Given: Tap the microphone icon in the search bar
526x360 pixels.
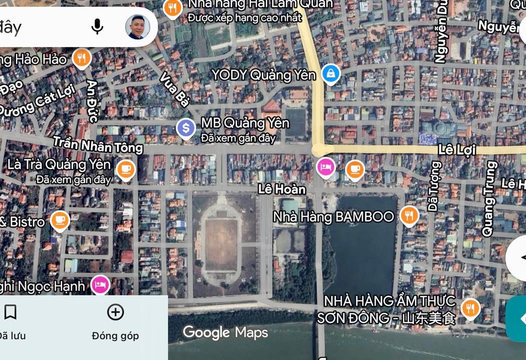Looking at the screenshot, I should [x=97, y=26].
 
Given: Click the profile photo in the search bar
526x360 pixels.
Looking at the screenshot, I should [x=137, y=26].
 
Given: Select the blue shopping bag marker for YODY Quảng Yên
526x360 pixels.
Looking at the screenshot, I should [x=331, y=74].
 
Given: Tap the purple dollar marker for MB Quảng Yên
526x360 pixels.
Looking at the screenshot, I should [x=186, y=128].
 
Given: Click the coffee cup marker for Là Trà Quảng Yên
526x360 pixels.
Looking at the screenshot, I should [x=126, y=169].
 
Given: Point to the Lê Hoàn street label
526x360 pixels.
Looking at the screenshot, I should [x=282, y=189].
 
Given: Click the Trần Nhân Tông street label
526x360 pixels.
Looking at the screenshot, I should [x=98, y=145].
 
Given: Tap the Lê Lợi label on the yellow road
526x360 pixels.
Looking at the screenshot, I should [x=456, y=149].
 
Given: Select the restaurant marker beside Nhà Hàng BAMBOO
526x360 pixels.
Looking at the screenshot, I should [x=409, y=215].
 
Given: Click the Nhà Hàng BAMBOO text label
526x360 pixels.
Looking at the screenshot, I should [x=333, y=216].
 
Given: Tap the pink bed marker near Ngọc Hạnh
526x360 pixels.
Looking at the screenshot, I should [x=100, y=284].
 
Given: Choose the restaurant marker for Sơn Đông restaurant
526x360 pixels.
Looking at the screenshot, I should [x=470, y=308].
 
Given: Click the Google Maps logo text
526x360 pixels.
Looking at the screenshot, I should [x=225, y=332].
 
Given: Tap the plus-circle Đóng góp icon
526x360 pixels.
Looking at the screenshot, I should [x=116, y=312].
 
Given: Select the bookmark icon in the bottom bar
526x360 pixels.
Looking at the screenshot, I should [x=10, y=312].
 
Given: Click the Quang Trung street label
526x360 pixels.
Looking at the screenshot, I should [x=488, y=198].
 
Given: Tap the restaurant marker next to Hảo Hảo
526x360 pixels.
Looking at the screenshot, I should [x=81, y=58].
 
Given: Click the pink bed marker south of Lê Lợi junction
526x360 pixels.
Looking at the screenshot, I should [x=326, y=166].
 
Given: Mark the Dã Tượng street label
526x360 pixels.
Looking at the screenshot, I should [x=433, y=186].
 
